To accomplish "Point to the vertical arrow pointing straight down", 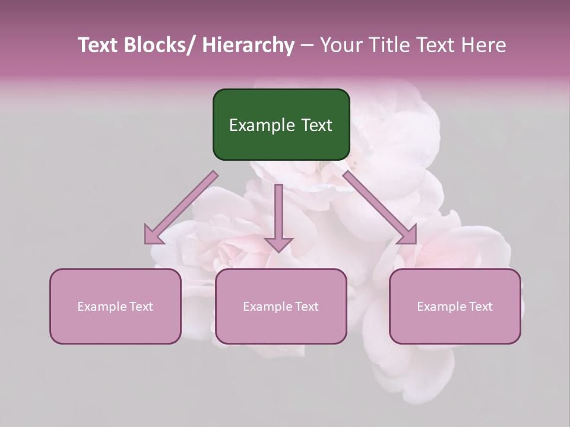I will [278, 213].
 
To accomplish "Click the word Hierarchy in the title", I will [248, 46].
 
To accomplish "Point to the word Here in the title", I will [485, 46].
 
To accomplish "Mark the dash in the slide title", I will [307, 46].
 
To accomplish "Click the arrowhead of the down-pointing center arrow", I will [278, 244].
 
